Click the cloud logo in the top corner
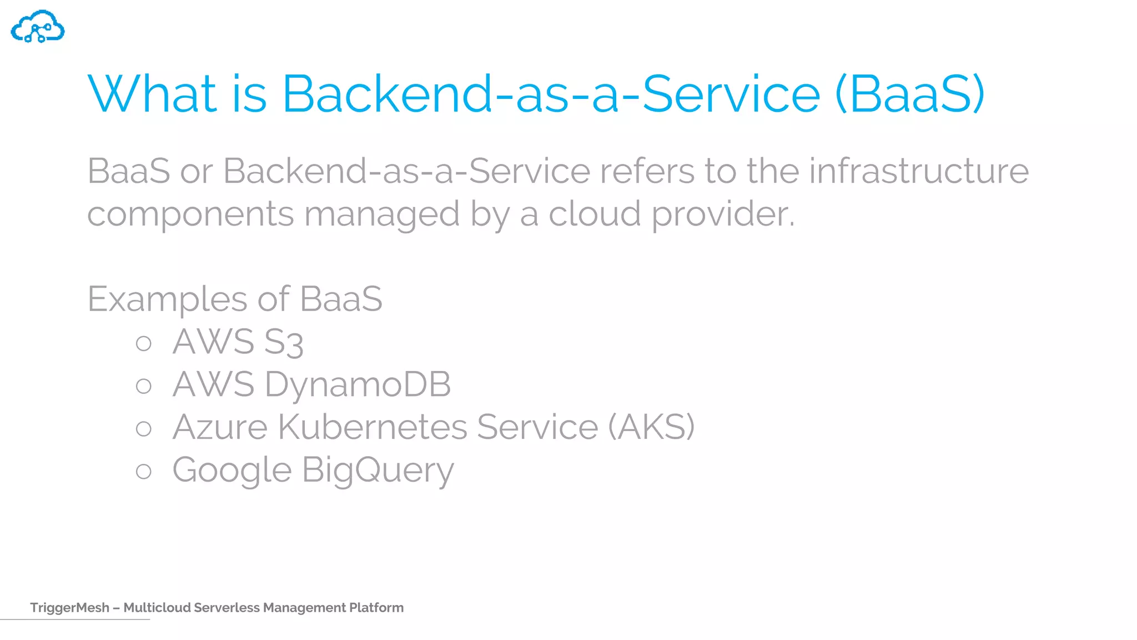38,27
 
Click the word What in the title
152,94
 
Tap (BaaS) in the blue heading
909,94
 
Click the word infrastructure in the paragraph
918,171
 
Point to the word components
190,214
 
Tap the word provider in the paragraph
723,214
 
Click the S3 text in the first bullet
283,342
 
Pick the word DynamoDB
358,384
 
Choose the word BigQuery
378,471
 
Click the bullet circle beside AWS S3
144,343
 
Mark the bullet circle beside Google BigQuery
144,472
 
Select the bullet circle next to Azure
144,428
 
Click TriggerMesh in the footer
69,608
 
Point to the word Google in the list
232,471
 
